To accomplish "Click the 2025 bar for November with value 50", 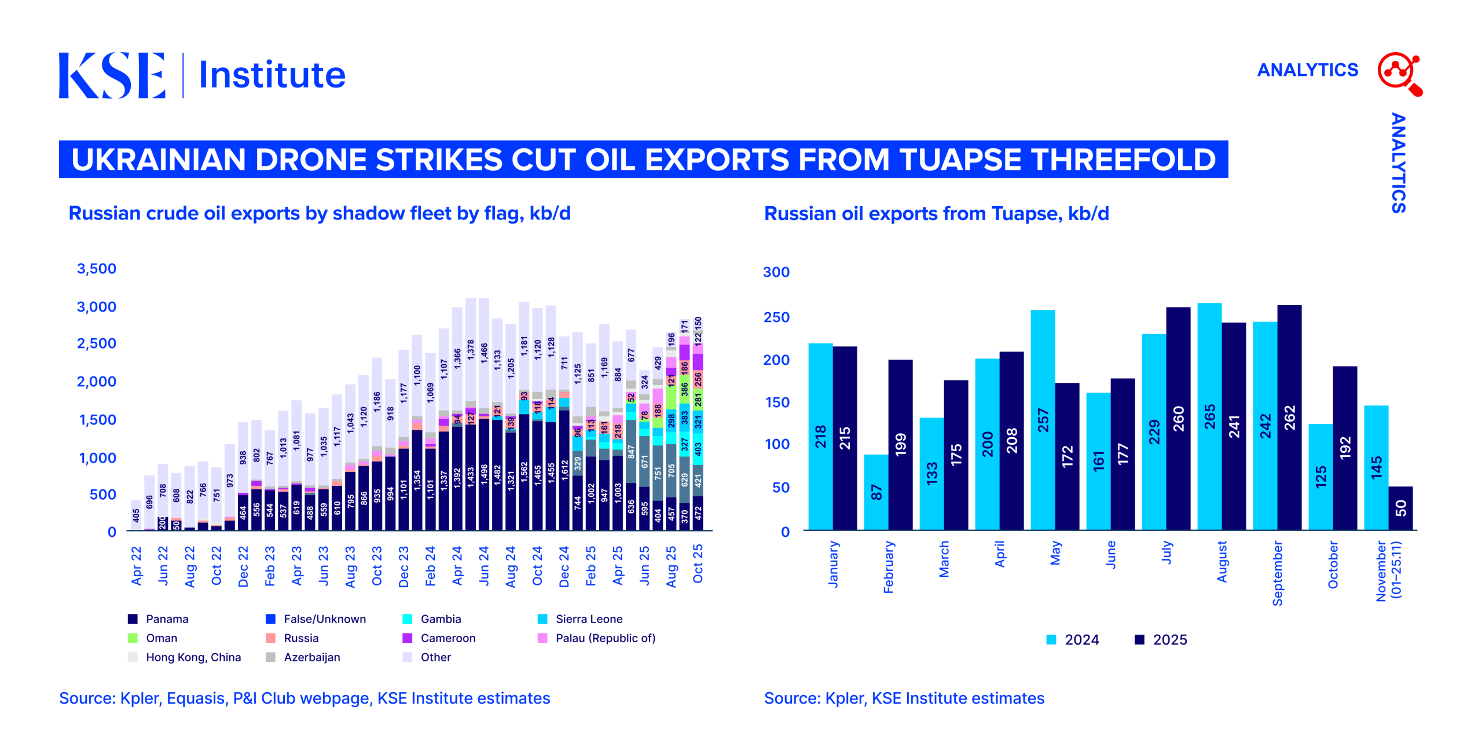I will pyautogui.click(x=1400, y=508).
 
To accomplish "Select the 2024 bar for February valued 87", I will pyautogui.click(x=876, y=492).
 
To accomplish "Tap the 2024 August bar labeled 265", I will pyautogui.click(x=1209, y=416).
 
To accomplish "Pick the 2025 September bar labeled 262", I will pyautogui.click(x=1289, y=418).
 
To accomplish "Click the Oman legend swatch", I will pyautogui.click(x=133, y=638).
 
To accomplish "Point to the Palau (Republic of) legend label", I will pyautogui.click(x=605, y=638).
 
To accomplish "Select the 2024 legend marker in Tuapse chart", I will pyautogui.click(x=1051, y=640).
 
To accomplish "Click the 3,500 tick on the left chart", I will pyautogui.click(x=97, y=269).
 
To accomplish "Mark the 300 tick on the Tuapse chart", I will pyautogui.click(x=776, y=272).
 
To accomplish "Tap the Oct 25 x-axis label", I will pyautogui.click(x=698, y=563).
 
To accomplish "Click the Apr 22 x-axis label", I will pyautogui.click(x=136, y=566).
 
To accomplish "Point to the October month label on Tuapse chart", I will pyautogui.click(x=1333, y=565).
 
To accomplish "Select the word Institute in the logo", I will pyautogui.click(x=272, y=75).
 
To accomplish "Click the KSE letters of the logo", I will pyautogui.click(x=112, y=75).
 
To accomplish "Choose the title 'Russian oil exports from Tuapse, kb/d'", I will pyautogui.click(x=936, y=214).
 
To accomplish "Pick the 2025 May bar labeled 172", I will pyautogui.click(x=1067, y=456).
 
